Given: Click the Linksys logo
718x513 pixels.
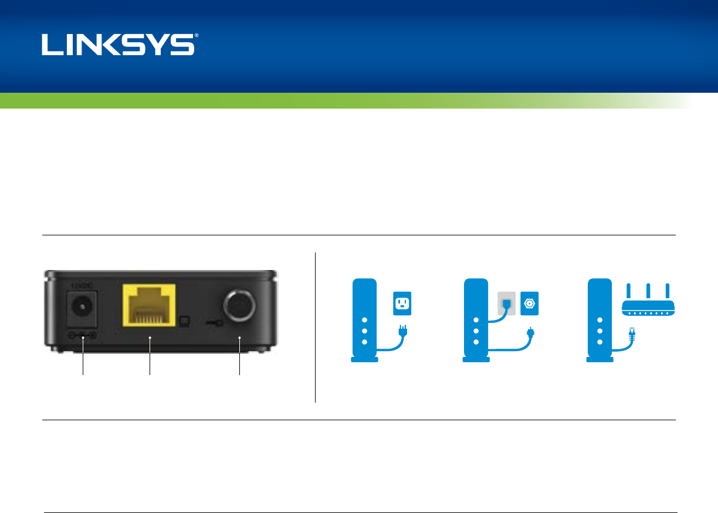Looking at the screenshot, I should tap(117, 45).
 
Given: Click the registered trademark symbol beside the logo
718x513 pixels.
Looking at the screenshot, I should tap(197, 36).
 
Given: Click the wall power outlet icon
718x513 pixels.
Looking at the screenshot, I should tap(402, 304).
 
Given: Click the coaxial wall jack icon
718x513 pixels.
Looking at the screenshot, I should tap(529, 304).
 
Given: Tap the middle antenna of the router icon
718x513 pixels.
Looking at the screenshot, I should tap(648, 292).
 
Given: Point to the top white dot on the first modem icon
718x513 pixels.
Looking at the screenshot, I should tap(364, 320).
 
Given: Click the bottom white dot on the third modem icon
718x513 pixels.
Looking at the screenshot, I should tap(600, 342).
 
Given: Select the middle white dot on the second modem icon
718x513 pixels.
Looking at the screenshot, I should tap(476, 331).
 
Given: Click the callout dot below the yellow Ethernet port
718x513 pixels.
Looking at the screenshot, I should tap(150, 338).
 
